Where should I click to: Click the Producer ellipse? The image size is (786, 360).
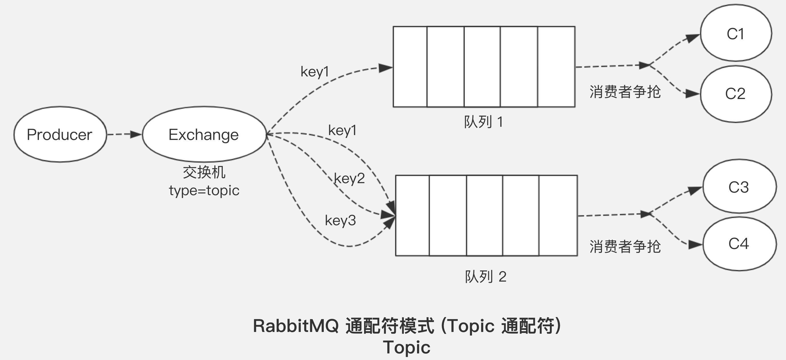pos(60,134)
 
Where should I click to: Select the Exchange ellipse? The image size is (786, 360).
pos(204,134)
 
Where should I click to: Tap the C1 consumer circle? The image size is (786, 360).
pos(736,33)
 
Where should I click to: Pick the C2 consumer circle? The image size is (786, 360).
pos(736,94)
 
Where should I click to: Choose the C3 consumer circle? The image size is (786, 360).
pos(739,187)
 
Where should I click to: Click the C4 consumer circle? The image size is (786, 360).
pos(739,244)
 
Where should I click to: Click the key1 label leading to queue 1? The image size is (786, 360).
pos(315,72)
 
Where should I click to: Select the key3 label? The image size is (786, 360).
pos(340,220)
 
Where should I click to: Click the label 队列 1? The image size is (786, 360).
pos(483,122)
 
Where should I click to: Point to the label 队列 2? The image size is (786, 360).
pos(485,277)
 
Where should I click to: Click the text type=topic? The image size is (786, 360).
pos(204,191)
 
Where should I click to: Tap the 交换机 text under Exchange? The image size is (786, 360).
pos(204,172)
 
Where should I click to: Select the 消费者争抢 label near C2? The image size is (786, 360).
pos(625,92)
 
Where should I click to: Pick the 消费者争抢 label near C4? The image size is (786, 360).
pos(625,246)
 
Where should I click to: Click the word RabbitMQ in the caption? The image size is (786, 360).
pos(296,326)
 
